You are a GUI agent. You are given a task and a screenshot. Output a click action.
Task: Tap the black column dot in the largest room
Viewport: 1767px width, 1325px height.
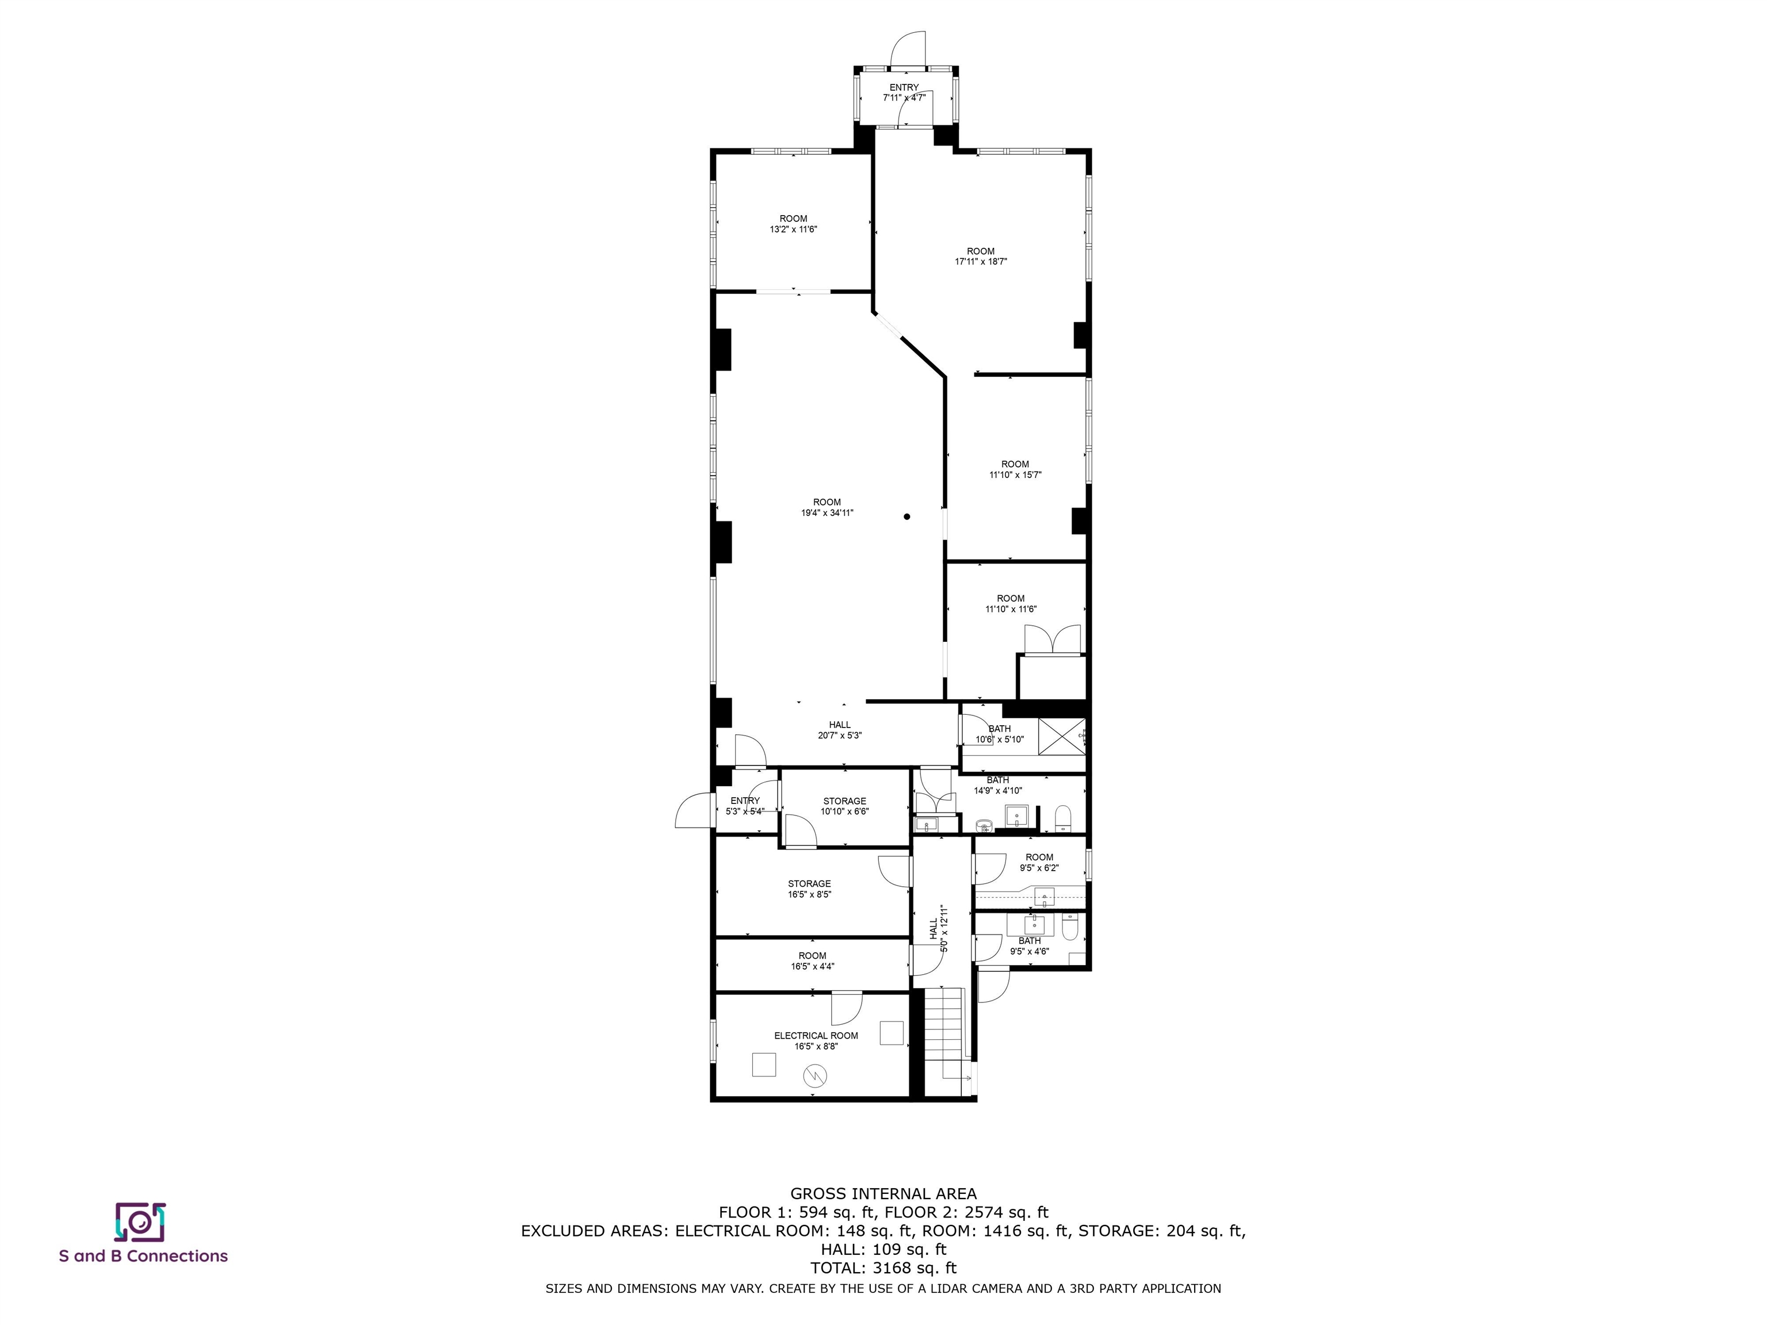[907, 517]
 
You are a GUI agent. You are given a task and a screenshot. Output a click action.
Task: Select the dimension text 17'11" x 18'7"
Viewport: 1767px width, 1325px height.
[981, 261]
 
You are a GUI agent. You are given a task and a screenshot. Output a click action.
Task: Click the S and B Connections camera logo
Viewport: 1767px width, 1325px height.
[140, 1222]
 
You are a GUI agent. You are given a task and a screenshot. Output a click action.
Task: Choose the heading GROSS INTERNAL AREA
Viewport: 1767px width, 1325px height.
[883, 1194]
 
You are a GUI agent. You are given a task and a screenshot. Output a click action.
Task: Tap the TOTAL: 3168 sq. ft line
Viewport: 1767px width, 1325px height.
[883, 1267]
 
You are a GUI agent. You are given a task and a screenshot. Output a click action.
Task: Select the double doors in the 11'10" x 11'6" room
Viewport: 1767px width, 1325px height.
[1053, 639]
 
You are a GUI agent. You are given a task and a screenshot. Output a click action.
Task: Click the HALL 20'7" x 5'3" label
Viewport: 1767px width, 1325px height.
[840, 730]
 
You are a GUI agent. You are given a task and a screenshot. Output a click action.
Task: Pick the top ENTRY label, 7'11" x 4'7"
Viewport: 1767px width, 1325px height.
[904, 93]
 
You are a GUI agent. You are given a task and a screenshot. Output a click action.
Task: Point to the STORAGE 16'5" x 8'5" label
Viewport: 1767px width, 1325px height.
[809, 889]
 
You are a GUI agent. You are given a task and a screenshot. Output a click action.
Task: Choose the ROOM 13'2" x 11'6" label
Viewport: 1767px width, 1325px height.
[793, 224]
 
